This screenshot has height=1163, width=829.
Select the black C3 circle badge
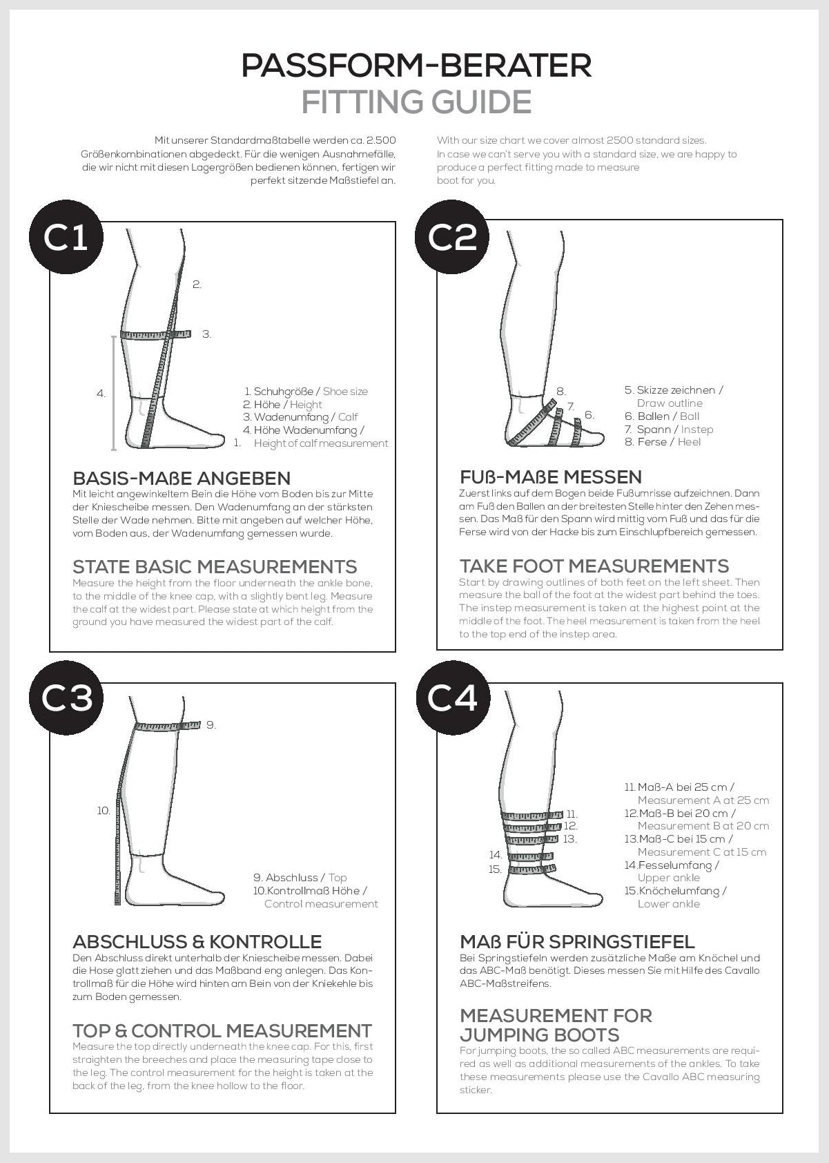[x=66, y=698]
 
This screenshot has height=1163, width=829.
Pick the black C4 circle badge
[x=452, y=698]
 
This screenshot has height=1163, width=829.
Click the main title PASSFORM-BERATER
[x=416, y=66]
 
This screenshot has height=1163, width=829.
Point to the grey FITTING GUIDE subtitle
[x=416, y=102]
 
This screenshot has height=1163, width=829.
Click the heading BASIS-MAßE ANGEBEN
[x=182, y=478]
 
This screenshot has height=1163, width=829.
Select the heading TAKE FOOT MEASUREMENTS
[x=594, y=566]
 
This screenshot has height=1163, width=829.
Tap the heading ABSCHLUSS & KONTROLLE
[x=197, y=942]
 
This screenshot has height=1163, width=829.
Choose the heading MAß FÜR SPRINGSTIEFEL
[x=577, y=941]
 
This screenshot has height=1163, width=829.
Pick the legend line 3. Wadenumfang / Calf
[x=300, y=417]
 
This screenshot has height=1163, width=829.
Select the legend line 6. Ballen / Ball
[x=662, y=416]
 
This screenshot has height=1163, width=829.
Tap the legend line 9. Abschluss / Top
[x=300, y=878]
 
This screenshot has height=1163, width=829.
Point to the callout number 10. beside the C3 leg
[x=104, y=811]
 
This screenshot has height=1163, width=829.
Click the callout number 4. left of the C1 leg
[x=101, y=394]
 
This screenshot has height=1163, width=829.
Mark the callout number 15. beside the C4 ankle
[x=495, y=869]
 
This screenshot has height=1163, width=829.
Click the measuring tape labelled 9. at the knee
[x=168, y=726]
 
